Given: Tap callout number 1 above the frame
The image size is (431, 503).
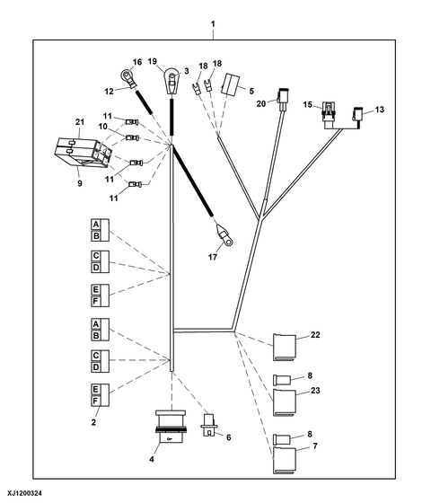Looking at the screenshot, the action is (x=213, y=24).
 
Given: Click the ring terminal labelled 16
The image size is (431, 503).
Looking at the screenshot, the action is (x=128, y=77).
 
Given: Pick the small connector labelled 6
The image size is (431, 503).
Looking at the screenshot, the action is (x=209, y=425).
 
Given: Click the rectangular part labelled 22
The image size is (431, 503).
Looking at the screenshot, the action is (x=285, y=348).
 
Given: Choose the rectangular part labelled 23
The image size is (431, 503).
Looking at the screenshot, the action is (x=285, y=402).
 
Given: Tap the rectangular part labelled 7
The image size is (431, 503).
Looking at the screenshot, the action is (x=285, y=460).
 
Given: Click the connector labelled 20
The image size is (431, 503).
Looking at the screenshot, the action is (x=282, y=100).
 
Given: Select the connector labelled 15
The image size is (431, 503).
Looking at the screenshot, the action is (x=330, y=115).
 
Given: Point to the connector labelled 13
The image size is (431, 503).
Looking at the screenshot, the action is (x=357, y=118).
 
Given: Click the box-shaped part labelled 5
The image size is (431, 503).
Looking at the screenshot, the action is (x=230, y=84).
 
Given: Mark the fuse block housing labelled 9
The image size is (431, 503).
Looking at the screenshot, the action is (x=84, y=153).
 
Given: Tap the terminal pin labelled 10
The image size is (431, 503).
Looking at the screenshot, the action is (x=132, y=138).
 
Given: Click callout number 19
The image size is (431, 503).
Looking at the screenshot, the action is (x=153, y=61).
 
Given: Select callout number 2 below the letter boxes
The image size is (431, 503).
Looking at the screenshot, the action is (x=93, y=422).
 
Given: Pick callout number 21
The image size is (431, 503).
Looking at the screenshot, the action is (x=80, y=122).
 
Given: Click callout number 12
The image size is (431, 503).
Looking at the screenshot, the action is (x=109, y=92).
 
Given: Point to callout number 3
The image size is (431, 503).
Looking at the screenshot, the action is (x=187, y=71).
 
